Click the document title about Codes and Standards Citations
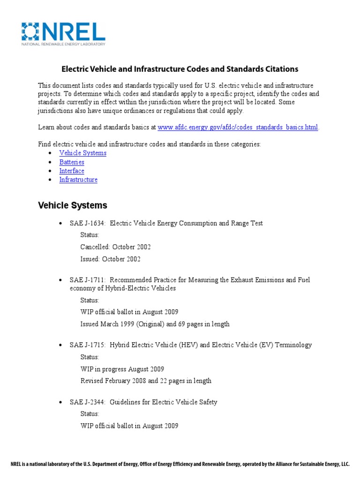180,69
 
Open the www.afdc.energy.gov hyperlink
238,127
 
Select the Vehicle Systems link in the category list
82,153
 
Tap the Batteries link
72,162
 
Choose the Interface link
72,171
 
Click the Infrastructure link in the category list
78,180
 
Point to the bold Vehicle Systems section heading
72,205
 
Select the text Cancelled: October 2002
115,247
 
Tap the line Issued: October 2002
110,259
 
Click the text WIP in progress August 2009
122,369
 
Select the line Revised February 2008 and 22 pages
145,381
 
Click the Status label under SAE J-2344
90,414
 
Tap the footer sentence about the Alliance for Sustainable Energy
180,465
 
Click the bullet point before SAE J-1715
61,345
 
